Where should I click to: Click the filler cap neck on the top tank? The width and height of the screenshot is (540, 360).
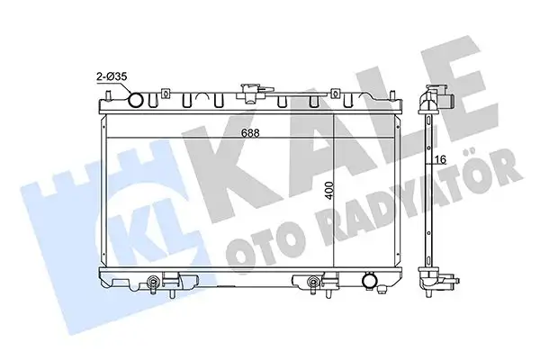248,93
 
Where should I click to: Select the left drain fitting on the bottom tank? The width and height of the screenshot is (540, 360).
158,285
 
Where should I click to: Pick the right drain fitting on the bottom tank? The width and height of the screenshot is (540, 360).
313,285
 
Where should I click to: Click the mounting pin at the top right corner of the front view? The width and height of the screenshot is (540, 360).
393,90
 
